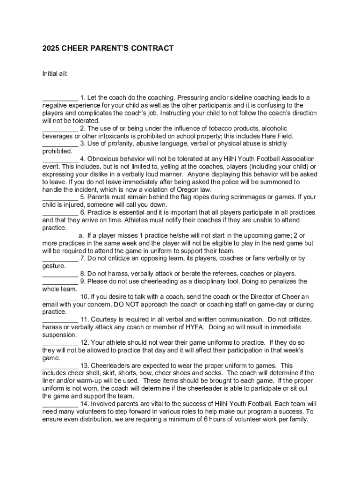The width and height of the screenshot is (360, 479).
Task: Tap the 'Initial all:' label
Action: click(55, 74)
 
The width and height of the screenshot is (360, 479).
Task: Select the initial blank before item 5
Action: click(60, 197)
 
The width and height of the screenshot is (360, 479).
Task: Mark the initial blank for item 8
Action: click(60, 274)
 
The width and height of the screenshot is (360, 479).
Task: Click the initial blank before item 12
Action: click(60, 343)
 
